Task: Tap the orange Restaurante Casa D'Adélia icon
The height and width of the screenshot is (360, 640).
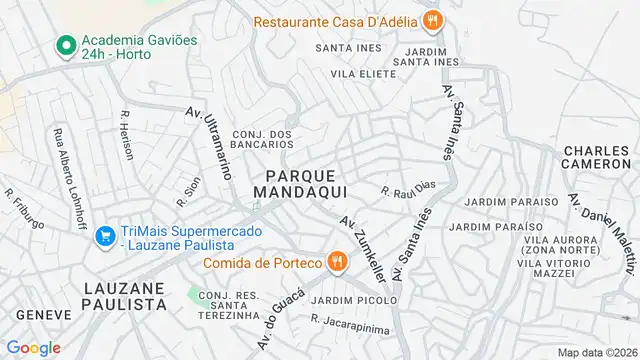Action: (x=432, y=20)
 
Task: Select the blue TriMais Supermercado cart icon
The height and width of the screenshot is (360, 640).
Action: (x=103, y=236)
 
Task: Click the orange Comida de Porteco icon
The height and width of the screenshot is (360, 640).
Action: (x=337, y=262)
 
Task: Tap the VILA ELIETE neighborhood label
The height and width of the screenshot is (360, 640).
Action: (x=365, y=73)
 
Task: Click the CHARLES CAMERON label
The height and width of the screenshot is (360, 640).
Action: (x=598, y=158)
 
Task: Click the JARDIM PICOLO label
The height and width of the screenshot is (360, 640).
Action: (x=347, y=300)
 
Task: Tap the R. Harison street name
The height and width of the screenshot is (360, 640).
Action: (x=127, y=133)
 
